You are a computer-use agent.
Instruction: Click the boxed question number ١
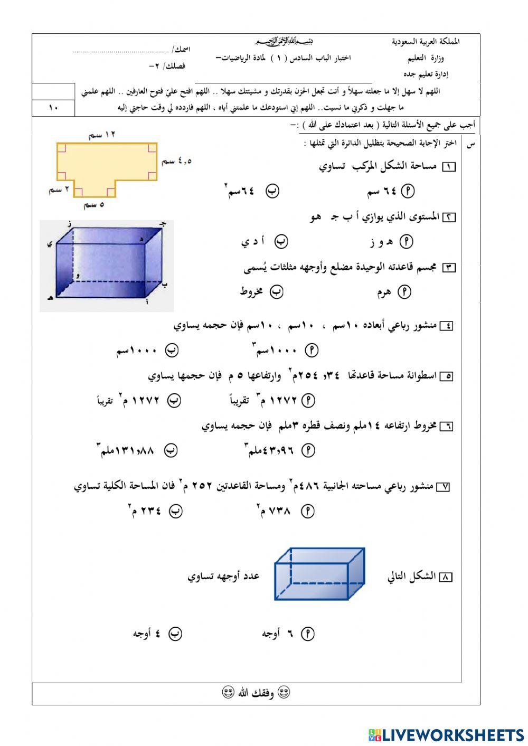pyautogui.click(x=448, y=167)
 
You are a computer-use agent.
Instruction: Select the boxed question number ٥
pyautogui.click(x=446, y=376)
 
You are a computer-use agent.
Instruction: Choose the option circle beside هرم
pyautogui.click(x=404, y=292)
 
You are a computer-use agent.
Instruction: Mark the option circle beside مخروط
pyautogui.click(x=277, y=292)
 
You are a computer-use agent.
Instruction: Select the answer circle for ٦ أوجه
pyautogui.click(x=307, y=634)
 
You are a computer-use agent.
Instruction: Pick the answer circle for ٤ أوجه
pyautogui.click(x=175, y=634)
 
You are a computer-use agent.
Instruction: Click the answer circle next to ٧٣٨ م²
pyautogui.click(x=307, y=511)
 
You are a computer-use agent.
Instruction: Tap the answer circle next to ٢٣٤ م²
pyautogui.click(x=175, y=511)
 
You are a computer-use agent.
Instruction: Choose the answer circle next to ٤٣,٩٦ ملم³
pyautogui.click(x=308, y=450)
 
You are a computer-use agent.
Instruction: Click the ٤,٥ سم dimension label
pyautogui.click(x=176, y=162)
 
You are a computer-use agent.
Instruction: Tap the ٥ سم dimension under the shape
pyautogui.click(x=94, y=204)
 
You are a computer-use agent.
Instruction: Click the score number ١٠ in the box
pyautogui.click(x=53, y=108)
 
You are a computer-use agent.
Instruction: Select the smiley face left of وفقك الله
pyautogui.click(x=228, y=693)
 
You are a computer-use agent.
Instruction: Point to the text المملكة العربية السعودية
pyautogui.click(x=426, y=42)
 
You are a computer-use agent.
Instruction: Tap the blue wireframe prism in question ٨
pyautogui.click(x=319, y=574)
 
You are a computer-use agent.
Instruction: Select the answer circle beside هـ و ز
pyautogui.click(x=406, y=242)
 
